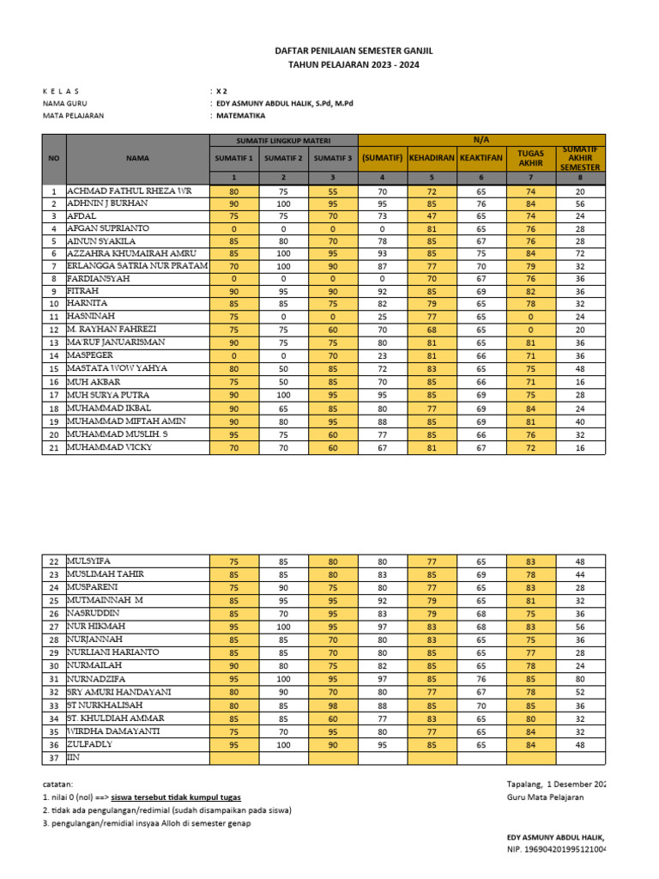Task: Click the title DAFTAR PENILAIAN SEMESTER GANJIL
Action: pyautogui.click(x=354, y=52)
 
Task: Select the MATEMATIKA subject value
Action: pyautogui.click(x=241, y=115)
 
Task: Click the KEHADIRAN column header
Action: pyautogui.click(x=432, y=158)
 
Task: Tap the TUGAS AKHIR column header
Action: pyautogui.click(x=531, y=158)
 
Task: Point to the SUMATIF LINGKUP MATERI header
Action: pyautogui.click(x=284, y=140)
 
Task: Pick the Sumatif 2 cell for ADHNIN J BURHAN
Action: pyautogui.click(x=283, y=203)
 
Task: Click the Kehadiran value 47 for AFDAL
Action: pyautogui.click(x=432, y=216)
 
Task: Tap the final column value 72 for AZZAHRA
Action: pyautogui.click(x=580, y=254)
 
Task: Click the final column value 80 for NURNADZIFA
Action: pyautogui.click(x=580, y=679)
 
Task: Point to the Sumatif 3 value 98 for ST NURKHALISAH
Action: pyautogui.click(x=333, y=706)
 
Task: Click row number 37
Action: pyautogui.click(x=54, y=758)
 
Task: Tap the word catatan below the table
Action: pyautogui.click(x=58, y=785)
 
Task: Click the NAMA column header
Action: pyautogui.click(x=137, y=158)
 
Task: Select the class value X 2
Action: pyautogui.click(x=221, y=90)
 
